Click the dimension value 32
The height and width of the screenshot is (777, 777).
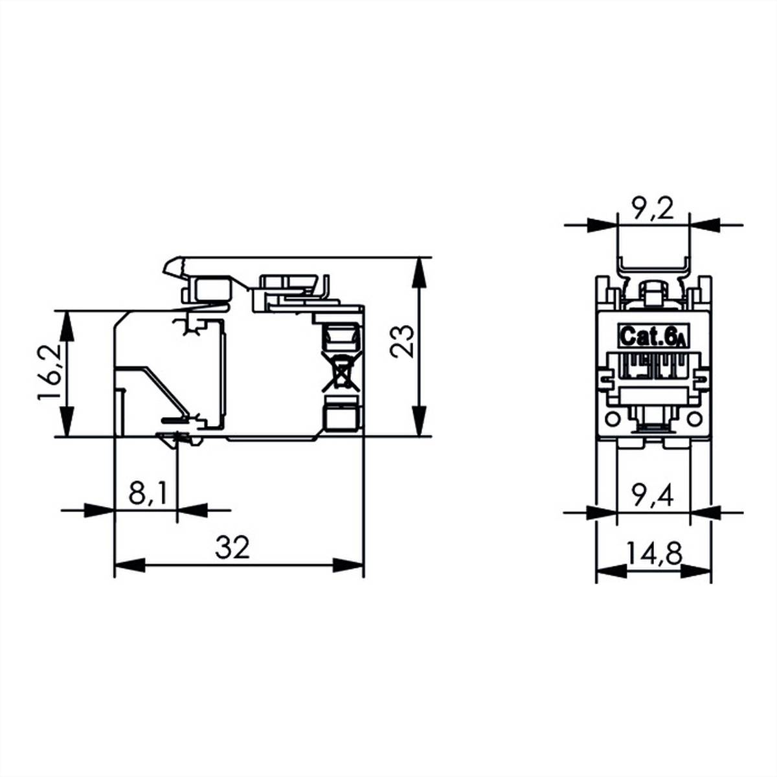(232, 548)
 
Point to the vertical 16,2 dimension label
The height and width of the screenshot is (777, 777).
(49, 374)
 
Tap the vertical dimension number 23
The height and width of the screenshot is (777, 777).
(402, 341)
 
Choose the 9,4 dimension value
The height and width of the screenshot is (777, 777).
(653, 496)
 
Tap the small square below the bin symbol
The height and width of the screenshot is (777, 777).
(341, 415)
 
